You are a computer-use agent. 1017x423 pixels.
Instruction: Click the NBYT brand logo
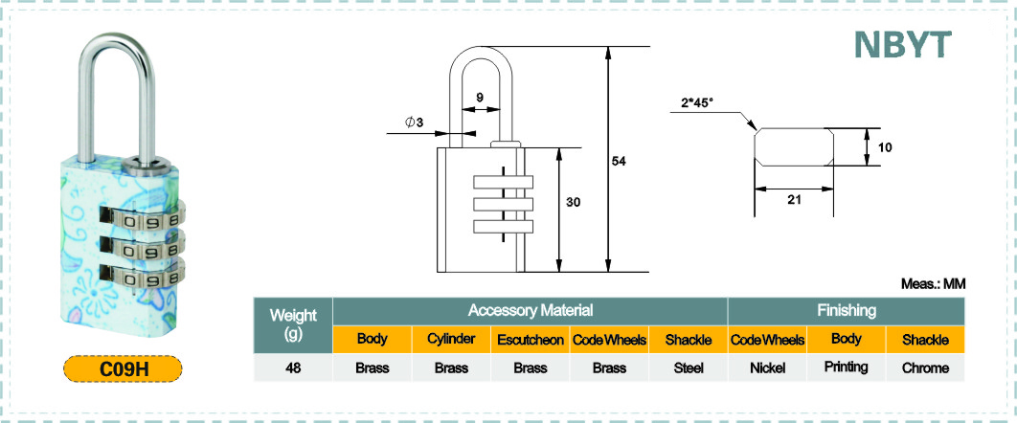tap(902, 44)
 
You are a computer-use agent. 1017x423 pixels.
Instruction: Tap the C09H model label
tap(124, 368)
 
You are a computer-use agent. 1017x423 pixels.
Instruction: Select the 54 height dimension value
tap(619, 162)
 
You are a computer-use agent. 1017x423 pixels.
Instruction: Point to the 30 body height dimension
tap(573, 202)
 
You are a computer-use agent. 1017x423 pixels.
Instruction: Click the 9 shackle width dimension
tap(480, 98)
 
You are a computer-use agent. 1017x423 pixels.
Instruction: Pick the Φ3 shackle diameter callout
tap(415, 122)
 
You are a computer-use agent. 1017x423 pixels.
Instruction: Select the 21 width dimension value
tap(795, 200)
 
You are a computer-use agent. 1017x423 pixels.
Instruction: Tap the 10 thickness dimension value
tap(885, 147)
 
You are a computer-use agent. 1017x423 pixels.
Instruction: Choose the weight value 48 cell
tap(293, 367)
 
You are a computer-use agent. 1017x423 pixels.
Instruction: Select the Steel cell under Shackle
tap(689, 367)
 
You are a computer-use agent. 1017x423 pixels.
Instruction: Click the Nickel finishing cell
tap(767, 367)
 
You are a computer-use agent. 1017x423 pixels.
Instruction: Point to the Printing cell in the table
tap(847, 367)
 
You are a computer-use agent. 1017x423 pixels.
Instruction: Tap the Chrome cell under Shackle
tap(926, 367)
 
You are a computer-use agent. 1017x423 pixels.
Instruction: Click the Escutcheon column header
tap(531, 340)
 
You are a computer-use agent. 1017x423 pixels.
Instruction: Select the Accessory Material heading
tap(531, 311)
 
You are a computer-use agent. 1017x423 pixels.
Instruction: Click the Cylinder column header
tap(451, 340)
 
